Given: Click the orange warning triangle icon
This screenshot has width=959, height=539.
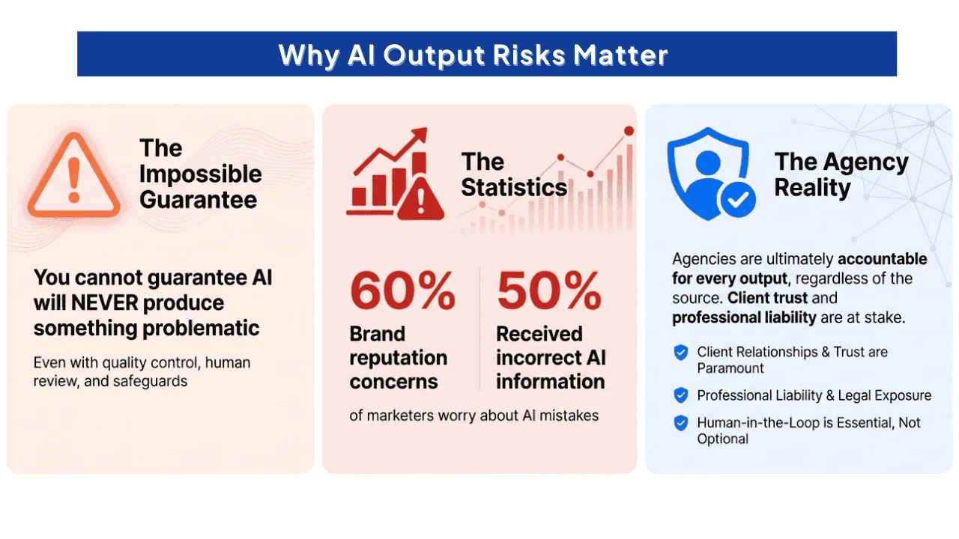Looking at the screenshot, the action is pyautogui.click(x=74, y=175).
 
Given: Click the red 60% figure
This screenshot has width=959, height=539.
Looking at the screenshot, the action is pyautogui.click(x=402, y=291).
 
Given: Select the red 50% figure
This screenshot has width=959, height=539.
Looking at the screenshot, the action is pyautogui.click(x=549, y=291).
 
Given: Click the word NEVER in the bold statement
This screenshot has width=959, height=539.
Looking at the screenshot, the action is pyautogui.click(x=104, y=303).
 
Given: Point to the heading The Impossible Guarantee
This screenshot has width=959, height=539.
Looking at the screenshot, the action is pyautogui.click(x=200, y=174).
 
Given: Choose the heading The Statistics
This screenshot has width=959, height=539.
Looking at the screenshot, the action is pyautogui.click(x=514, y=174).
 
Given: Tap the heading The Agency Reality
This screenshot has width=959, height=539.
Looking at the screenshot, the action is pyautogui.click(x=841, y=174).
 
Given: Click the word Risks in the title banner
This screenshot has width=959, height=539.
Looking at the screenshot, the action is pyautogui.click(x=529, y=55).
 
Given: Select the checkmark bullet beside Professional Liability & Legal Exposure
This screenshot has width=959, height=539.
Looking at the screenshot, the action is pyautogui.click(x=681, y=395).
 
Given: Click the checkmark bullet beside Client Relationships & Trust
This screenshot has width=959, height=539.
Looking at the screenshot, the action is pyautogui.click(x=681, y=353).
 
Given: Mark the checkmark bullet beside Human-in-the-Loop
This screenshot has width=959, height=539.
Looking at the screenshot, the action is pyautogui.click(x=681, y=423).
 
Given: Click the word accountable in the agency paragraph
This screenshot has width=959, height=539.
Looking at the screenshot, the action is pyautogui.click(x=883, y=259).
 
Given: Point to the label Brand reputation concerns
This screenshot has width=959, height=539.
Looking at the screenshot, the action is pyautogui.click(x=399, y=358).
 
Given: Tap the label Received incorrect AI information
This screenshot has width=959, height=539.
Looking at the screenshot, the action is pyautogui.click(x=551, y=358).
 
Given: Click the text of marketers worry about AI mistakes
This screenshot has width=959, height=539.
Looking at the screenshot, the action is pyautogui.click(x=474, y=415).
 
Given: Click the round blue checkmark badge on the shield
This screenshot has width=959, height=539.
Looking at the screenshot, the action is pyautogui.click(x=738, y=200).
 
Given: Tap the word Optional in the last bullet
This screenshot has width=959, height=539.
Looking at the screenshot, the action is pyautogui.click(x=723, y=439).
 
